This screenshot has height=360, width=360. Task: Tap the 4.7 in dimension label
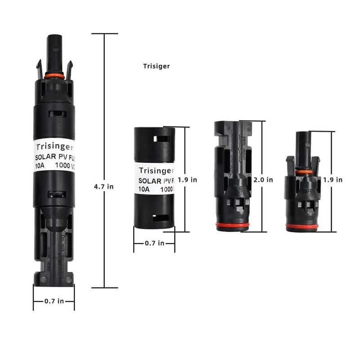click(103, 186)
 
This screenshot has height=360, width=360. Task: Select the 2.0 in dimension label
click(263, 180)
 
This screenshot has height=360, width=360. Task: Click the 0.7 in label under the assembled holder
click(54, 301)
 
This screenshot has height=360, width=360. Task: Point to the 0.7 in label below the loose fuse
click(154, 243)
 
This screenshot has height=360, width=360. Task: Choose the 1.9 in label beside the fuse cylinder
click(187, 180)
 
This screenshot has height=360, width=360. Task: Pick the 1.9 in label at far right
click(333, 180)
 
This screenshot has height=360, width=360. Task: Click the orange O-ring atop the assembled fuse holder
click(54, 76)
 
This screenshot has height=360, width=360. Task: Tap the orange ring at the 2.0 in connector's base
click(232, 225)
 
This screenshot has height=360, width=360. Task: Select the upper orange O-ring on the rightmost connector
click(304, 171)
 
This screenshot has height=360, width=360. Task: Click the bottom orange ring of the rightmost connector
click(302, 226)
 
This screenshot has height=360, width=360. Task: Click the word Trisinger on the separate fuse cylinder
click(155, 171)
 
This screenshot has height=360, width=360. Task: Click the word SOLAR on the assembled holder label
click(45, 157)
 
